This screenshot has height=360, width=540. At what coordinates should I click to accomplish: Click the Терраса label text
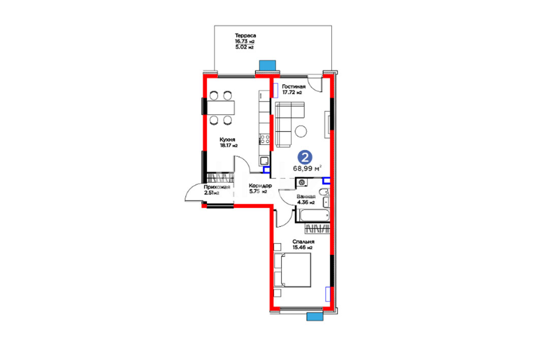click(245, 36)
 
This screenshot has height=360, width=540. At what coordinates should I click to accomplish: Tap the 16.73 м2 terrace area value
click(245, 41)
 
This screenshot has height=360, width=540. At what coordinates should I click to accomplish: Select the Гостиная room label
click(294, 87)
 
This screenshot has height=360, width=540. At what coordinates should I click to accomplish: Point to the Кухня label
click(227, 140)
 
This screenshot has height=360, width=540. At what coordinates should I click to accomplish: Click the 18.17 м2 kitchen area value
click(229, 146)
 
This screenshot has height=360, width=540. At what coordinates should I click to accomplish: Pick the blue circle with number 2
click(305, 157)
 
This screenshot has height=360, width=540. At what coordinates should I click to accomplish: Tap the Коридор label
click(260, 186)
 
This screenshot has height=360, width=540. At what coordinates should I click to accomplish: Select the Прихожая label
click(216, 187)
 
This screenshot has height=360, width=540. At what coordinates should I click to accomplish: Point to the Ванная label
click(306, 197)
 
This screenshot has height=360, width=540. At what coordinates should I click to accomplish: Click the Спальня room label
click(303, 242)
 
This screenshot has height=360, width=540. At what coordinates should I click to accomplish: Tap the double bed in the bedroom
click(293, 270)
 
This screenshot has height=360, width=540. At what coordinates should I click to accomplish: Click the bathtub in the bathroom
click(314, 215)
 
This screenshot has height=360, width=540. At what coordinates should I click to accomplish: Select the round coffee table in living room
click(301, 131)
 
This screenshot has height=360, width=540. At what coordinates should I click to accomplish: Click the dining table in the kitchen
click(221, 107)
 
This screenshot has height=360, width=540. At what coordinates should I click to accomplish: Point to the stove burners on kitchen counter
click(265, 139)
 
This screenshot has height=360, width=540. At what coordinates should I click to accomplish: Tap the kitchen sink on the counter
click(265, 161)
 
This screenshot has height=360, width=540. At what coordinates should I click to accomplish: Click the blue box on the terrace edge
click(267, 66)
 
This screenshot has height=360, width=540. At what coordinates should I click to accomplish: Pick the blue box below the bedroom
click(315, 317)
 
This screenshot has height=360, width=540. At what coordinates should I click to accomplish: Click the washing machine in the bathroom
click(302, 182)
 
